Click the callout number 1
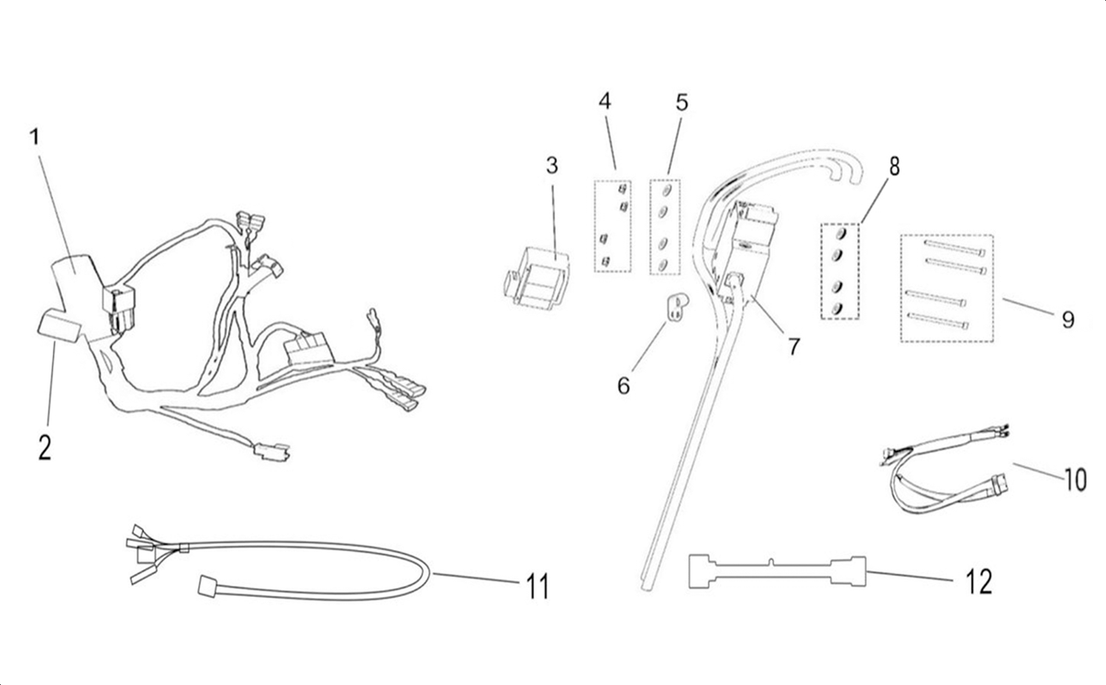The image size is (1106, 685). tap(35, 138)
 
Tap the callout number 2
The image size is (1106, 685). tap(44, 447)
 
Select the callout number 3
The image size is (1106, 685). tap(551, 166)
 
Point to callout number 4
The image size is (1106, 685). tap(604, 101)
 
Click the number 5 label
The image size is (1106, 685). tap(681, 102)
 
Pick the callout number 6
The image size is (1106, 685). tap(624, 385)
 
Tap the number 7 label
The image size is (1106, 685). tap(793, 347)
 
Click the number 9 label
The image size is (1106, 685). tap(1067, 319)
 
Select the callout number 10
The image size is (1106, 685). tap(1075, 479)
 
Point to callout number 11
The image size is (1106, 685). tap(537, 586)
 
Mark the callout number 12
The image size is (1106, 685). tap(979, 580)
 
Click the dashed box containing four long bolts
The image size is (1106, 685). tap(946, 288)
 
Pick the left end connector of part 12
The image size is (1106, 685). tap(702, 571)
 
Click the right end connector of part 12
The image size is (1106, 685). tap(848, 571)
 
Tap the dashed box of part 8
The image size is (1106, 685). tap(839, 271)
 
